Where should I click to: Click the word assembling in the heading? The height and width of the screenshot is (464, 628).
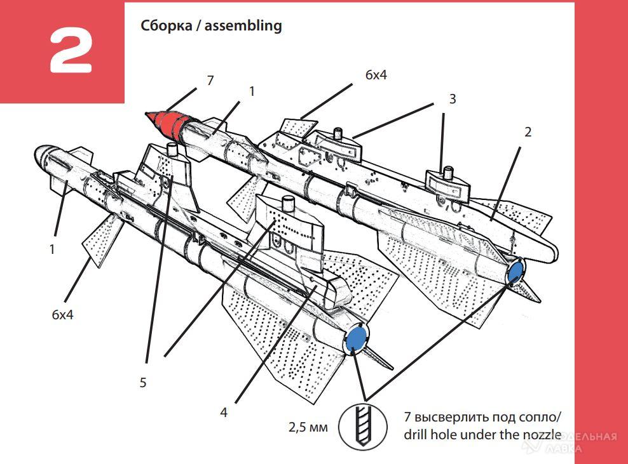246,26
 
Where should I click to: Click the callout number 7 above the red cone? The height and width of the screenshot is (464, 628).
210,81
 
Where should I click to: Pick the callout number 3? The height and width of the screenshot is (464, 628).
452,99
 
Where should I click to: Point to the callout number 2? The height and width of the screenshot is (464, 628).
528,133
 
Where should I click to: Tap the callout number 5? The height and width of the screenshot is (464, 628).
143,382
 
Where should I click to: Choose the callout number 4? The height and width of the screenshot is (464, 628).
224,412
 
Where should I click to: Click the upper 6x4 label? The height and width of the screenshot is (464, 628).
376,75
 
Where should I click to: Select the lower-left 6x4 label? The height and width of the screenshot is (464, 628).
62,314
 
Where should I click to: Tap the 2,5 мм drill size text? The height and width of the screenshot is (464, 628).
308,427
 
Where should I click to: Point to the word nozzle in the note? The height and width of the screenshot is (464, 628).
538,435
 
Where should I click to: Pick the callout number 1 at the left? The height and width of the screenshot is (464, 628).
52,249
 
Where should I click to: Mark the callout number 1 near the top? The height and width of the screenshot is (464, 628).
252,91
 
